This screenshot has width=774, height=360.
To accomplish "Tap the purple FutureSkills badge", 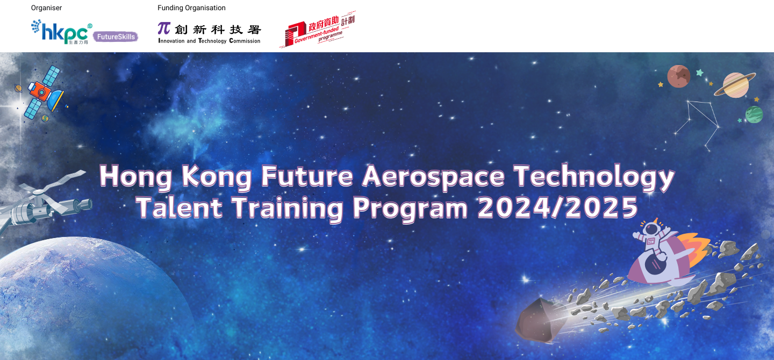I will [115, 37].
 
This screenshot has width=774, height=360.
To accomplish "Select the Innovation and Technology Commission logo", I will [209, 33].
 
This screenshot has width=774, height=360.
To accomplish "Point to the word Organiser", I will [46, 8].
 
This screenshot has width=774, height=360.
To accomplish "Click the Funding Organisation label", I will [191, 8].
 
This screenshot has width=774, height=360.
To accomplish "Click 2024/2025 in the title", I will [557, 207].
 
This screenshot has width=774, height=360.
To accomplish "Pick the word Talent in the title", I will [179, 207].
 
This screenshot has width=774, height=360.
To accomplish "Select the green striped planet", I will [754, 114].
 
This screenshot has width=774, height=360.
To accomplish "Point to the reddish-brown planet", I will [678, 76].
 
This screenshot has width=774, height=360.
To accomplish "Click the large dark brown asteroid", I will [541, 320].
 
